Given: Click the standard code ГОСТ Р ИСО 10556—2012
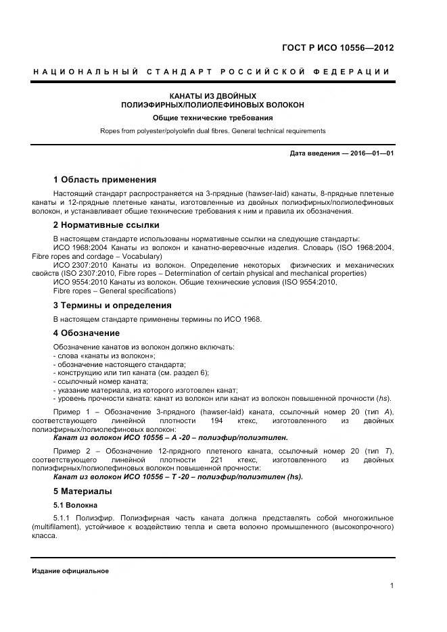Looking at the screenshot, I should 337,48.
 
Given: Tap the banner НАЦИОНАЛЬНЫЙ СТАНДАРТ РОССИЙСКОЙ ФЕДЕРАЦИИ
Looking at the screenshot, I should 211,72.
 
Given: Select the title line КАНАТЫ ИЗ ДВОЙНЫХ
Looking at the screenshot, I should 212,96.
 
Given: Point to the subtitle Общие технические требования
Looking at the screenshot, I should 212,118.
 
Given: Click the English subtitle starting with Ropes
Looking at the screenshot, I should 212,131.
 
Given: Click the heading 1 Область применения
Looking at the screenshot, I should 105,180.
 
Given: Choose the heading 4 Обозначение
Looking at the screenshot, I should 87,333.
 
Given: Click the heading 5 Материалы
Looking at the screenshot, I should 83,491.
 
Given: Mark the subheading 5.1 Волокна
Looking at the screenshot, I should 76,505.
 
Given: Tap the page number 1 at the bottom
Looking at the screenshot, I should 392,585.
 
